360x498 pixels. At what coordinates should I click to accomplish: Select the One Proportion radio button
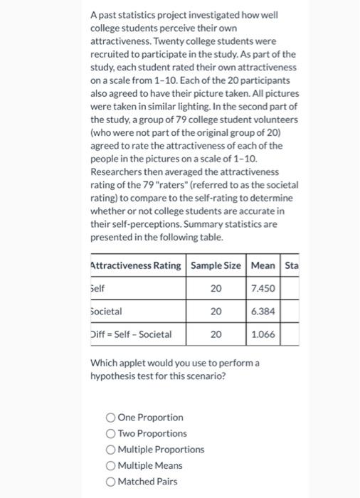(x=110, y=418)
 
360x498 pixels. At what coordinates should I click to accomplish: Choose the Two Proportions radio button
(x=110, y=433)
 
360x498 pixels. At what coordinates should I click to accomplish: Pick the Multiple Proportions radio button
(x=110, y=450)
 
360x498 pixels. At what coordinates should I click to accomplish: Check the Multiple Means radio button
(x=110, y=465)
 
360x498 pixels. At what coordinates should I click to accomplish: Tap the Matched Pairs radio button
(x=110, y=482)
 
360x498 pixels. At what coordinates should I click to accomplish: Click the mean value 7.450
(x=263, y=289)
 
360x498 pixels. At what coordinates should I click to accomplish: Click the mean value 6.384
(x=263, y=311)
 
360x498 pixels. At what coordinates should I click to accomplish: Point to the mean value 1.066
(x=263, y=334)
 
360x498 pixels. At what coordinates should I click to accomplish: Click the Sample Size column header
(x=216, y=266)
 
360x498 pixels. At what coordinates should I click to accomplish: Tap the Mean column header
(x=263, y=266)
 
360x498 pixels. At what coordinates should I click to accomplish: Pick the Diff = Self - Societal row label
(x=132, y=334)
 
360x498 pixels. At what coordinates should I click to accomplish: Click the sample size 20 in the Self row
(x=216, y=289)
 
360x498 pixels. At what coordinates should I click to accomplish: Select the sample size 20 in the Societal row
(x=216, y=311)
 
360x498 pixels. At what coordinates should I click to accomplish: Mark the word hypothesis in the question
(x=115, y=376)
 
